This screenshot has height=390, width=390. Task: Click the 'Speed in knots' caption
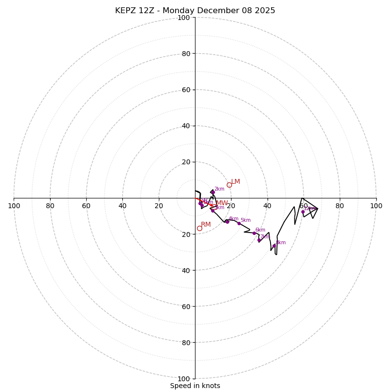click(195, 386)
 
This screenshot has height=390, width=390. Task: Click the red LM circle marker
click(229, 185)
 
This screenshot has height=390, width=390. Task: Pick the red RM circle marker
click(199, 228)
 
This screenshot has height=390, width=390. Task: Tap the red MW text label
click(222, 203)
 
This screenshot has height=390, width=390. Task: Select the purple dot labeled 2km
click(213, 192)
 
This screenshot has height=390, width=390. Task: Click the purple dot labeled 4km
click(227, 222)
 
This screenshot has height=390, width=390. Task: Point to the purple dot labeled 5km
click(239, 223)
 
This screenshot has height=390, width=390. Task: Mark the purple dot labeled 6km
click(254, 233)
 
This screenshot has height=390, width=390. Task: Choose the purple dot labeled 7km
click(259, 240)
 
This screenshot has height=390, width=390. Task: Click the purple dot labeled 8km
click(274, 246)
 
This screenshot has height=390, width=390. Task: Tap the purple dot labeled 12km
click(303, 212)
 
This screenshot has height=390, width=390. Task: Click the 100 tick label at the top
click(184, 18)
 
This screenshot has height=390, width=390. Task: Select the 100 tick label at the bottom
click(184, 379)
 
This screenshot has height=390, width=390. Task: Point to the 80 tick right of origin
click(340, 206)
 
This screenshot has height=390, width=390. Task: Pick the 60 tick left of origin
click(86, 206)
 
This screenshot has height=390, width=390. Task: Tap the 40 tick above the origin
click(186, 126)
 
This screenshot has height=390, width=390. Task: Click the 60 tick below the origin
click(186, 307)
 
